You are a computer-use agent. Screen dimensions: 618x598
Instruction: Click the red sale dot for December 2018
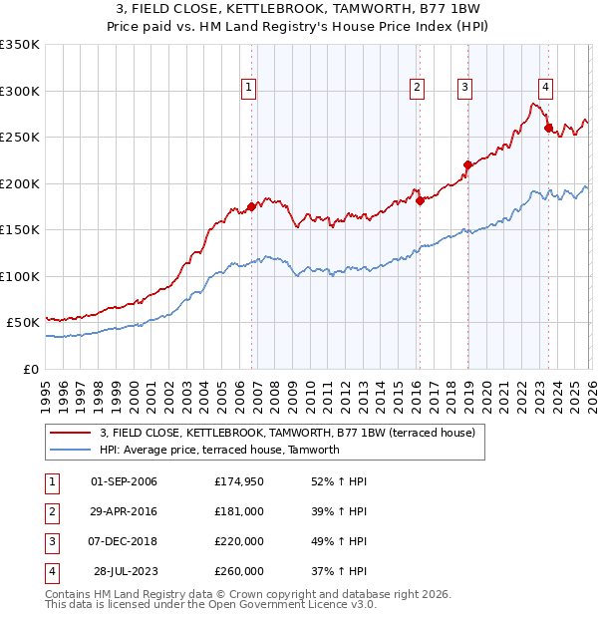466,164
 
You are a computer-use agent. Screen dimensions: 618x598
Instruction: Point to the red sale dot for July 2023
548,128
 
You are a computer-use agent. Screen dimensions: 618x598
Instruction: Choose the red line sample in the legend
70,433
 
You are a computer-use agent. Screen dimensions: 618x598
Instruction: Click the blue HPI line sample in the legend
70,450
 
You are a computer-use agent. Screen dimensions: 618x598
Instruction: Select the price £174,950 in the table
238,481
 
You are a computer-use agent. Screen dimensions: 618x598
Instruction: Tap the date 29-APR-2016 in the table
124,511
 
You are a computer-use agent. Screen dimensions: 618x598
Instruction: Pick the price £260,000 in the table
238,571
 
